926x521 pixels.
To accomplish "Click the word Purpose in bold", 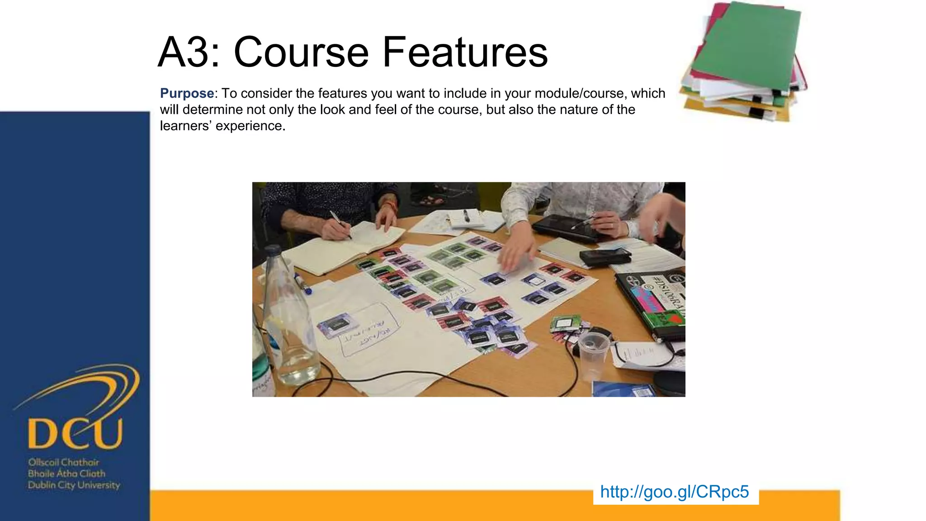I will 187,94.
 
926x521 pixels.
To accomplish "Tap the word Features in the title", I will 465,52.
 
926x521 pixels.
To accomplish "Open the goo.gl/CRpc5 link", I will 674,492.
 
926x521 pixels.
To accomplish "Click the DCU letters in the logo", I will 75,433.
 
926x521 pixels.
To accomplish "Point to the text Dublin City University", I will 74,485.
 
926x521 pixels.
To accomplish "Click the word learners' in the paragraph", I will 185,126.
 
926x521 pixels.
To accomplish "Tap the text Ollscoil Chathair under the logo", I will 63,462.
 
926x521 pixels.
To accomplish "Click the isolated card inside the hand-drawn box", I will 337,325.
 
